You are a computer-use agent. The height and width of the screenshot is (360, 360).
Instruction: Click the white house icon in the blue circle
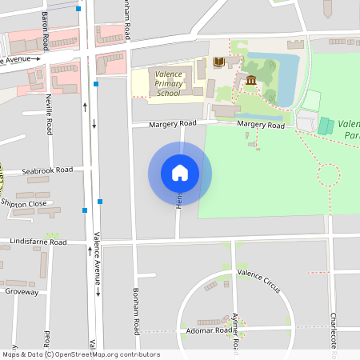point(180,172)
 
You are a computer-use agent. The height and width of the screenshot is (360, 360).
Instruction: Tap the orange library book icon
point(219,62)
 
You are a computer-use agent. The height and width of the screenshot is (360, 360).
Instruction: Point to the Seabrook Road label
point(47,170)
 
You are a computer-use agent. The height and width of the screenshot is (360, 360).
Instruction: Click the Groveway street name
point(22,292)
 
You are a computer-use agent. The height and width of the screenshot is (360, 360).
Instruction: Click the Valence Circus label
point(258,280)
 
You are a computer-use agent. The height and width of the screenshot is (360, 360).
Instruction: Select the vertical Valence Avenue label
point(97,258)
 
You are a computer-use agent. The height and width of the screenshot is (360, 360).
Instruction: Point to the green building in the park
point(326,126)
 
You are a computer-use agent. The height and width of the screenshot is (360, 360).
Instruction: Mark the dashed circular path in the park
point(329,174)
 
